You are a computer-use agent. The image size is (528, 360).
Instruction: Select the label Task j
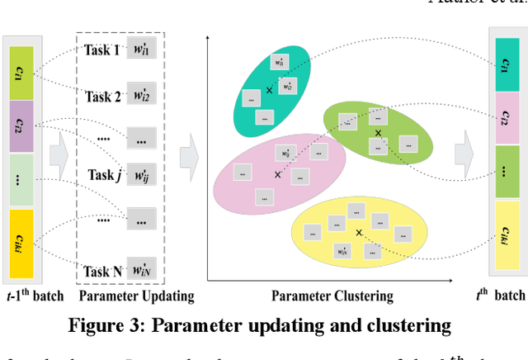(103, 175)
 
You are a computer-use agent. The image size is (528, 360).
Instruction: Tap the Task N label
(102, 270)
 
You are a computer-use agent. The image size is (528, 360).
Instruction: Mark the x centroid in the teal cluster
(268, 90)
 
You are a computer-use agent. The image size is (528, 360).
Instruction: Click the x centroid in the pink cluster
(277, 175)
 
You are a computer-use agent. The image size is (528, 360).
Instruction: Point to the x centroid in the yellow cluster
(359, 233)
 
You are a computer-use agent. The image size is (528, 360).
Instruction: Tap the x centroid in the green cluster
(379, 133)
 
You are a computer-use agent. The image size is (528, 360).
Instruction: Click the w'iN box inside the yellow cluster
(341, 250)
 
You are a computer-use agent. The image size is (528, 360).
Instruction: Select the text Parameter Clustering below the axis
(332, 296)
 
